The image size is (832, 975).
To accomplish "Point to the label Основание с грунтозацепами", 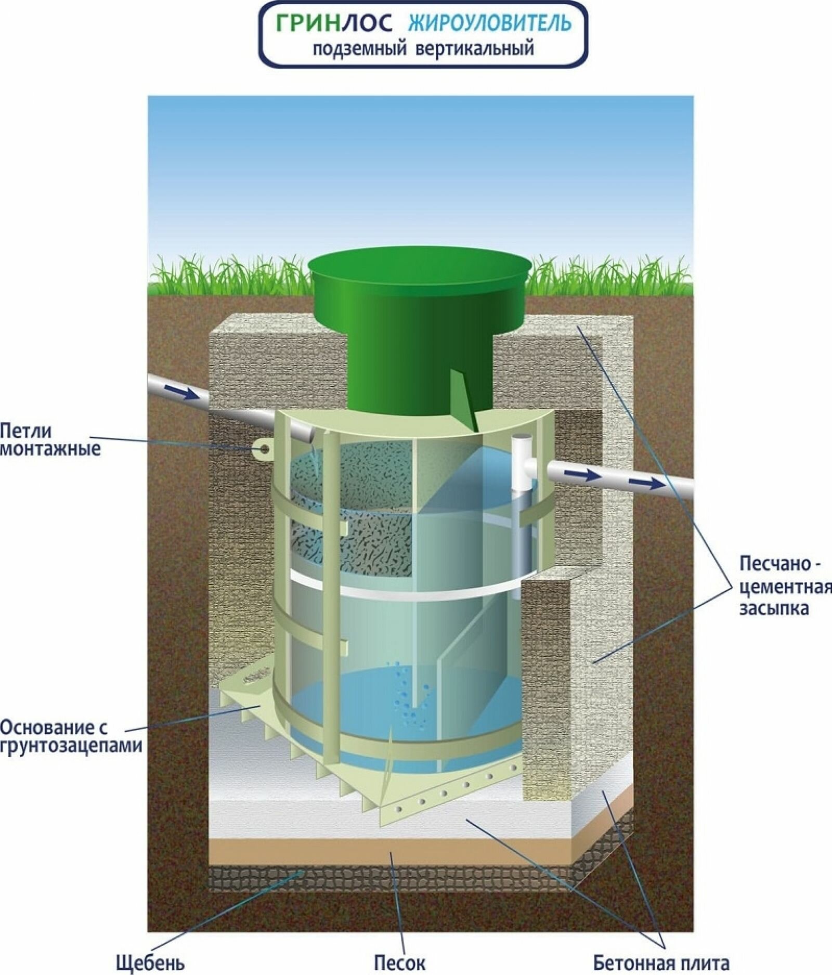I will tap(71, 736).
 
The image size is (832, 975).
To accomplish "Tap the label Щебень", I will tap(150, 963).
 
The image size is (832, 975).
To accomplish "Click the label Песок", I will tap(399, 963).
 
